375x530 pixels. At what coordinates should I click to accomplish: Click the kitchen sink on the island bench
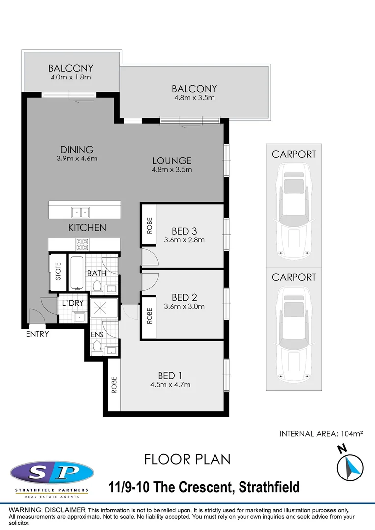tap(80, 212)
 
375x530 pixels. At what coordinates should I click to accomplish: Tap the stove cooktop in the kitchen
tap(81, 242)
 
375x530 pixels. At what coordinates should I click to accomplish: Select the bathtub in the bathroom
tap(76, 272)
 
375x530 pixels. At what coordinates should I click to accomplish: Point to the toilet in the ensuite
tap(97, 347)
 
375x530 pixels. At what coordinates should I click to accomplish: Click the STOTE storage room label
tap(58, 272)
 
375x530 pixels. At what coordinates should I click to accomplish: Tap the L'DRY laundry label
tap(73, 303)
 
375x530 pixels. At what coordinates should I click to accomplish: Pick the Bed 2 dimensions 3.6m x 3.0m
tap(184, 306)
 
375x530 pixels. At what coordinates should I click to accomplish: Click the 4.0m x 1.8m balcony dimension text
tap(71, 77)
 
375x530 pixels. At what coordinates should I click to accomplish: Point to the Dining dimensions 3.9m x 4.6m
tap(77, 158)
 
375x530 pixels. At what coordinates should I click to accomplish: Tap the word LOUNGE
tap(171, 160)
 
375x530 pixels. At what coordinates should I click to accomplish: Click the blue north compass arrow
tap(350, 467)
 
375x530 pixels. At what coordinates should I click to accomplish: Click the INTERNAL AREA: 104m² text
tap(321, 434)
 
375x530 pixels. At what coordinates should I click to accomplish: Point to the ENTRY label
tap(37, 334)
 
